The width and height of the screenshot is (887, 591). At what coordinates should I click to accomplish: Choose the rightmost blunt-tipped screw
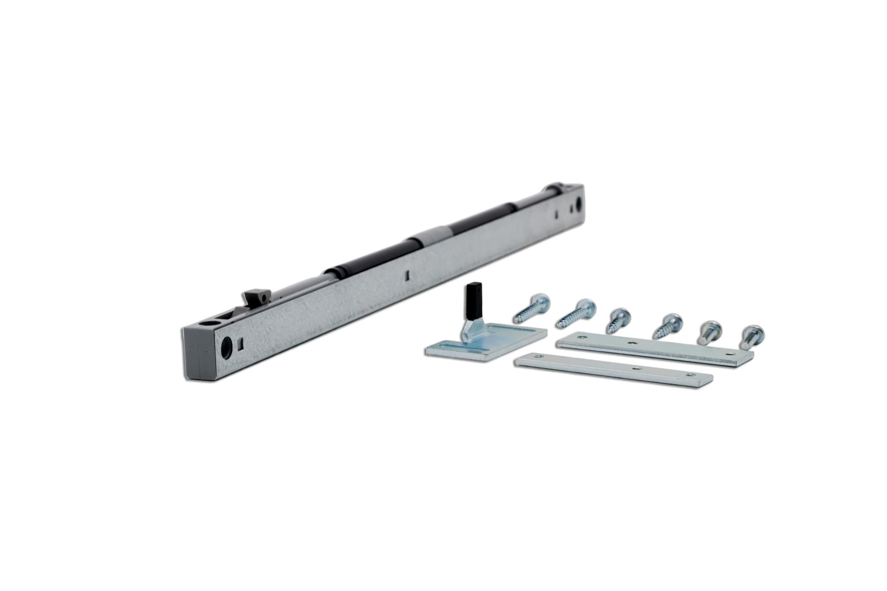pyautogui.click(x=752, y=336)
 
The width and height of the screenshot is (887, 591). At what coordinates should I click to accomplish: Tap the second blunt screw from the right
pyautogui.click(x=708, y=331)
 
